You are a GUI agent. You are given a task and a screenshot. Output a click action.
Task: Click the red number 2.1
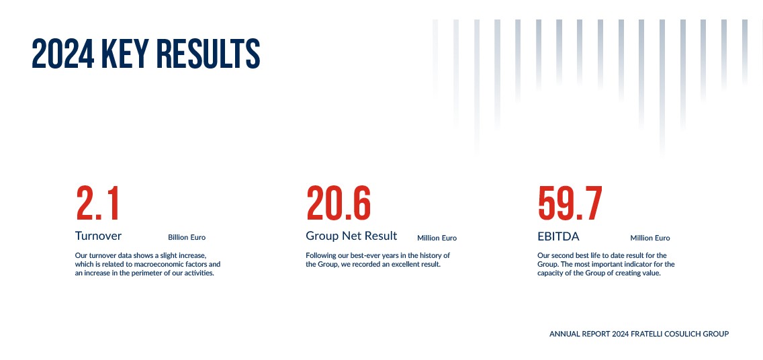click(x=98, y=204)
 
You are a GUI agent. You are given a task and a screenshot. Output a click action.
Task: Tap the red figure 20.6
click(x=339, y=204)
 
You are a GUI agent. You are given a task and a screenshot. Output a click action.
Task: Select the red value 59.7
click(x=570, y=204)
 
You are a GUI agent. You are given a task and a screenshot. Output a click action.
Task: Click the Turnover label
click(x=98, y=236)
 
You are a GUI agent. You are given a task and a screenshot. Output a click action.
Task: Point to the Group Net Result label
click(x=351, y=236)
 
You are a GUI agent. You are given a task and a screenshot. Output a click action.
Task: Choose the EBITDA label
click(x=558, y=236)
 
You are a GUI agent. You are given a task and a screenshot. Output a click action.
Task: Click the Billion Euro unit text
click(x=187, y=237)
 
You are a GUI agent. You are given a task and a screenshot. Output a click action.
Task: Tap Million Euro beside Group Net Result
click(x=437, y=238)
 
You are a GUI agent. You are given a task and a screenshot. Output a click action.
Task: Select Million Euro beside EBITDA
click(x=650, y=238)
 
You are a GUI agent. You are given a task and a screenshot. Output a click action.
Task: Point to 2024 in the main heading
click(x=63, y=54)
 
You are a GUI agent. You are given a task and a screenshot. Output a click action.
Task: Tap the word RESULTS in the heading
click(x=208, y=54)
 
